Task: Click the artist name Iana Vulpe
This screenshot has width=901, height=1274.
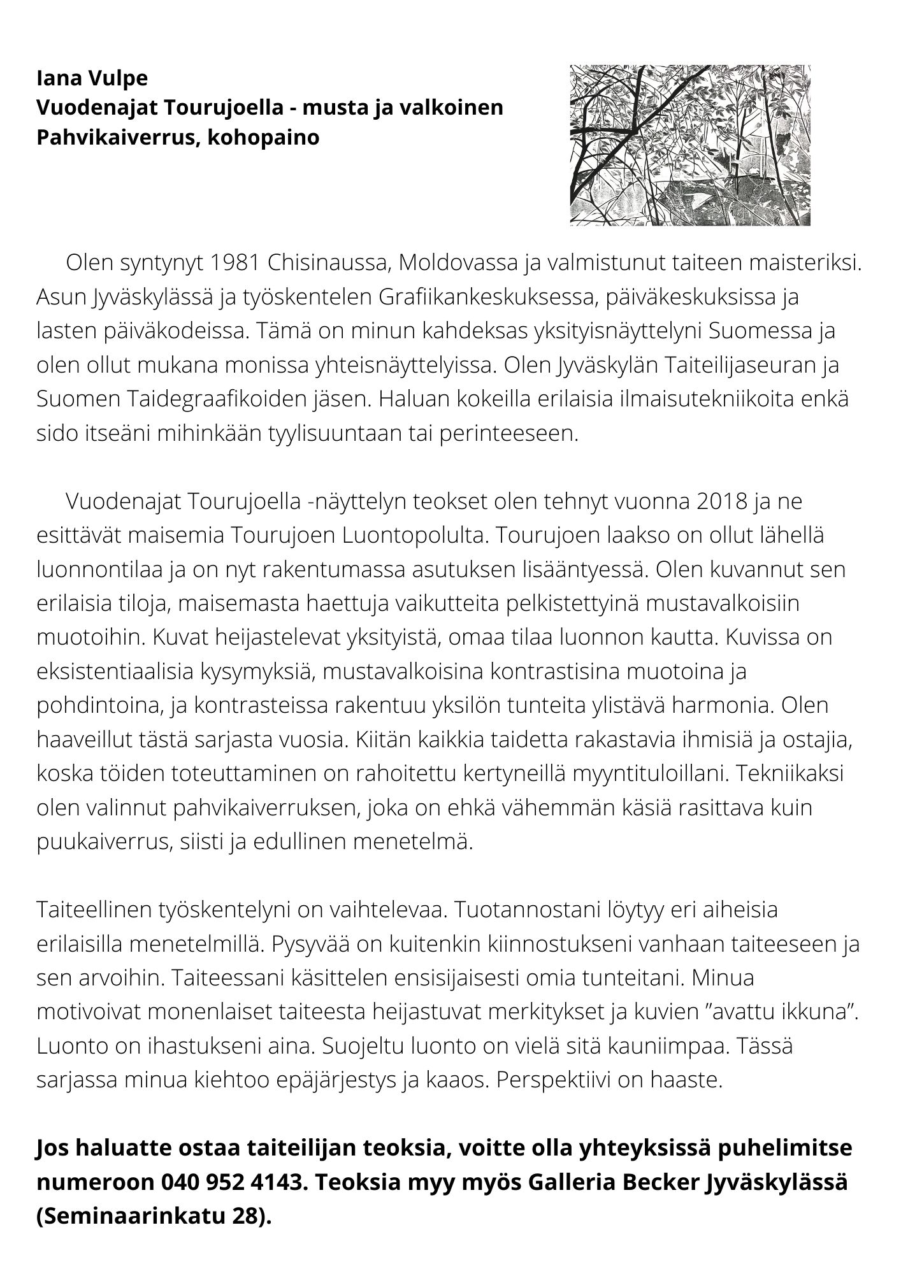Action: point(92,78)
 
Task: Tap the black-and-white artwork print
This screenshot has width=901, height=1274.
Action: point(690,145)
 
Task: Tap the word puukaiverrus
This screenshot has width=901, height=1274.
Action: point(102,842)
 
